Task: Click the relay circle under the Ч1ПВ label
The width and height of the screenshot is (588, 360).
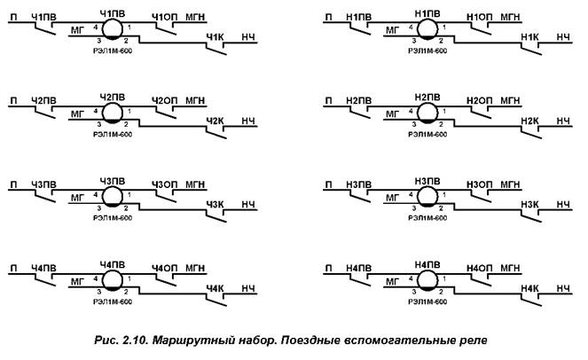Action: point(112,30)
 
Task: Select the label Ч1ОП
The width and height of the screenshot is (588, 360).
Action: point(163,17)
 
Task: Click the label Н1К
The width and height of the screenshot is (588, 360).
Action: point(529,36)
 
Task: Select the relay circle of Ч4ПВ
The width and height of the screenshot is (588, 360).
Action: point(112,281)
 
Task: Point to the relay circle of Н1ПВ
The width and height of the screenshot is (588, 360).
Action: point(427,30)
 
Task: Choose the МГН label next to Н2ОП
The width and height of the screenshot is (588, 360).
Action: point(511,100)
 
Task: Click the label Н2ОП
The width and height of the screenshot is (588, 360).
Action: point(478,100)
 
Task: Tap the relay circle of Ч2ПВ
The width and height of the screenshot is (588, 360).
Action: point(112,113)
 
